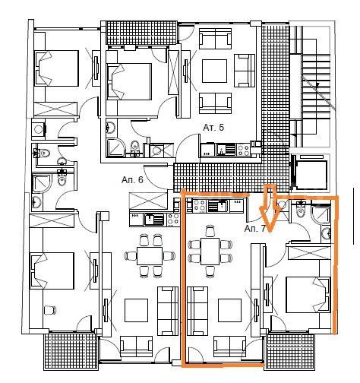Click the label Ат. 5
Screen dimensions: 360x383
[x=213, y=127]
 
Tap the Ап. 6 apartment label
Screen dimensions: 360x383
[x=132, y=179]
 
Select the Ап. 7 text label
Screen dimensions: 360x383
[x=255, y=229]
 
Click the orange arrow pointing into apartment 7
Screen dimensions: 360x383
[x=270, y=207]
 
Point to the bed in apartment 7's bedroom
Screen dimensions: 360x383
[x=308, y=295]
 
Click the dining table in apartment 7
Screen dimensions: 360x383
[x=210, y=252]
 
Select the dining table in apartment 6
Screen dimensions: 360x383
[x=150, y=256]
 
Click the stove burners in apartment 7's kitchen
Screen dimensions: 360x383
[x=200, y=205]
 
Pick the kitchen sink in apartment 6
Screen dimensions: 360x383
[x=154, y=220]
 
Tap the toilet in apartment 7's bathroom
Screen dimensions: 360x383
[x=301, y=210]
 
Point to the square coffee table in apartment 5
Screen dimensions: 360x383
[x=214, y=71]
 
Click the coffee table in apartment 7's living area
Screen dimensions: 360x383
[x=229, y=310]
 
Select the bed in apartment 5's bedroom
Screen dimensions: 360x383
[x=129, y=81]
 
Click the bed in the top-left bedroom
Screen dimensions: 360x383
[x=56, y=68]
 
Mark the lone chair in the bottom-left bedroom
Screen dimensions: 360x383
[x=50, y=310]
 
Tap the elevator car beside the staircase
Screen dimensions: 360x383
[x=312, y=174]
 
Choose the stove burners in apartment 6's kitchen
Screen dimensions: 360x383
[x=173, y=220]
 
